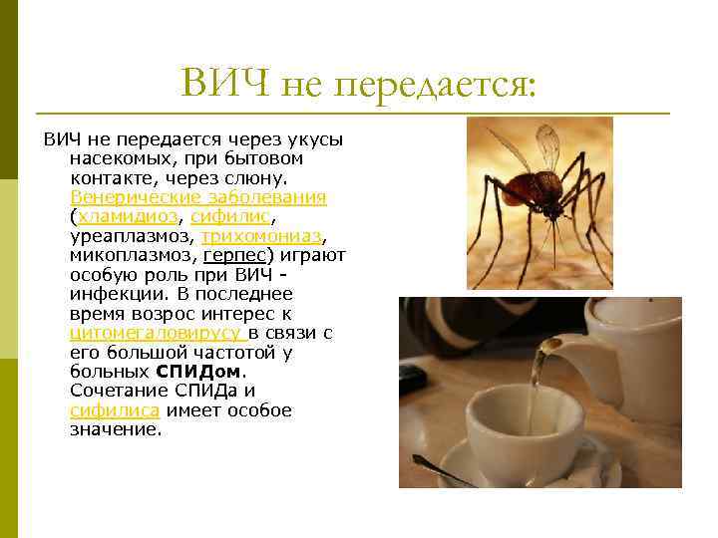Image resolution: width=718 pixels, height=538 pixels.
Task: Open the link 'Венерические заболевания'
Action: [198, 197]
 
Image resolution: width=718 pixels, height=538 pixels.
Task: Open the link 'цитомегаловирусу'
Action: [157, 333]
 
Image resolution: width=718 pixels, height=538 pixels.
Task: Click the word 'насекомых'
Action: [115, 158]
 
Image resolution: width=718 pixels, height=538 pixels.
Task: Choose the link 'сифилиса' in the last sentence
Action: [103, 410]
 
